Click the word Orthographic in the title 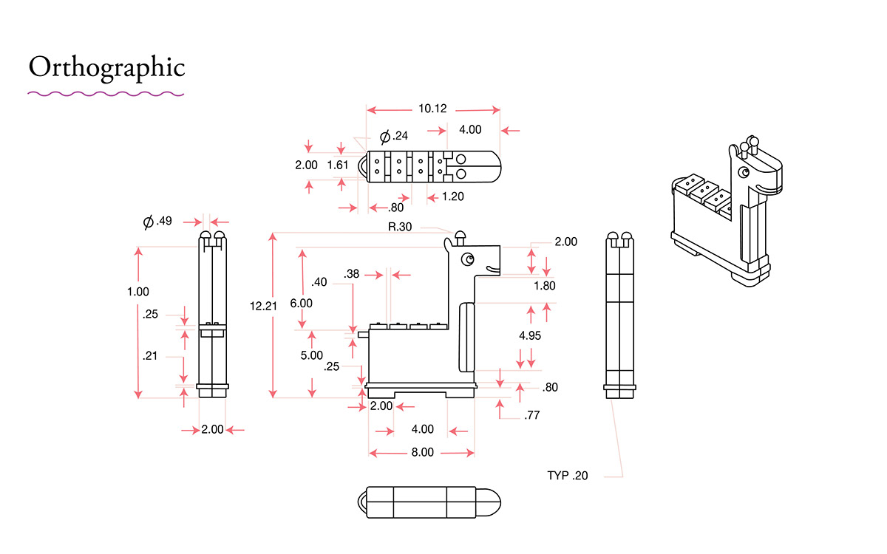tap(107, 68)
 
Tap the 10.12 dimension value tap(432, 109)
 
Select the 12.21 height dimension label tap(263, 306)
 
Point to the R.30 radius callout tap(400, 227)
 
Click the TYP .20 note tap(568, 475)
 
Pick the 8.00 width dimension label tap(423, 452)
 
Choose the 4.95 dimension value tap(530, 335)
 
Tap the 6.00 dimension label tap(302, 303)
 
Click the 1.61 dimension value tap(337, 165)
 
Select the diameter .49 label tap(157, 221)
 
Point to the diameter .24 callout tap(393, 136)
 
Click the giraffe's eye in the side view tap(468, 259)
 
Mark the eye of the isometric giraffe tap(744, 173)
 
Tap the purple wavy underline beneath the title tap(106, 95)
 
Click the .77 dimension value tap(531, 415)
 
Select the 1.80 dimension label tap(545, 286)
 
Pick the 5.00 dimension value tap(312, 355)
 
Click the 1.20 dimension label tap(452, 196)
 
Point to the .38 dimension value tap(352, 274)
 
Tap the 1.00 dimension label tap(137, 292)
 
